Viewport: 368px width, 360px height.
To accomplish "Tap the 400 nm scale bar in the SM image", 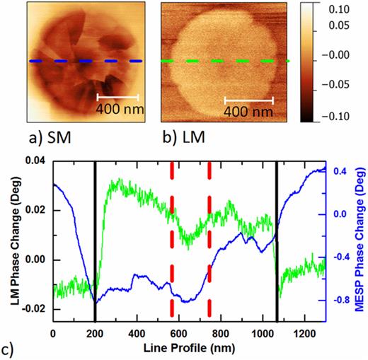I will tap(117, 96).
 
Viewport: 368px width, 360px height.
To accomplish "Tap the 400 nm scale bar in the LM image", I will tap(248, 98).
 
